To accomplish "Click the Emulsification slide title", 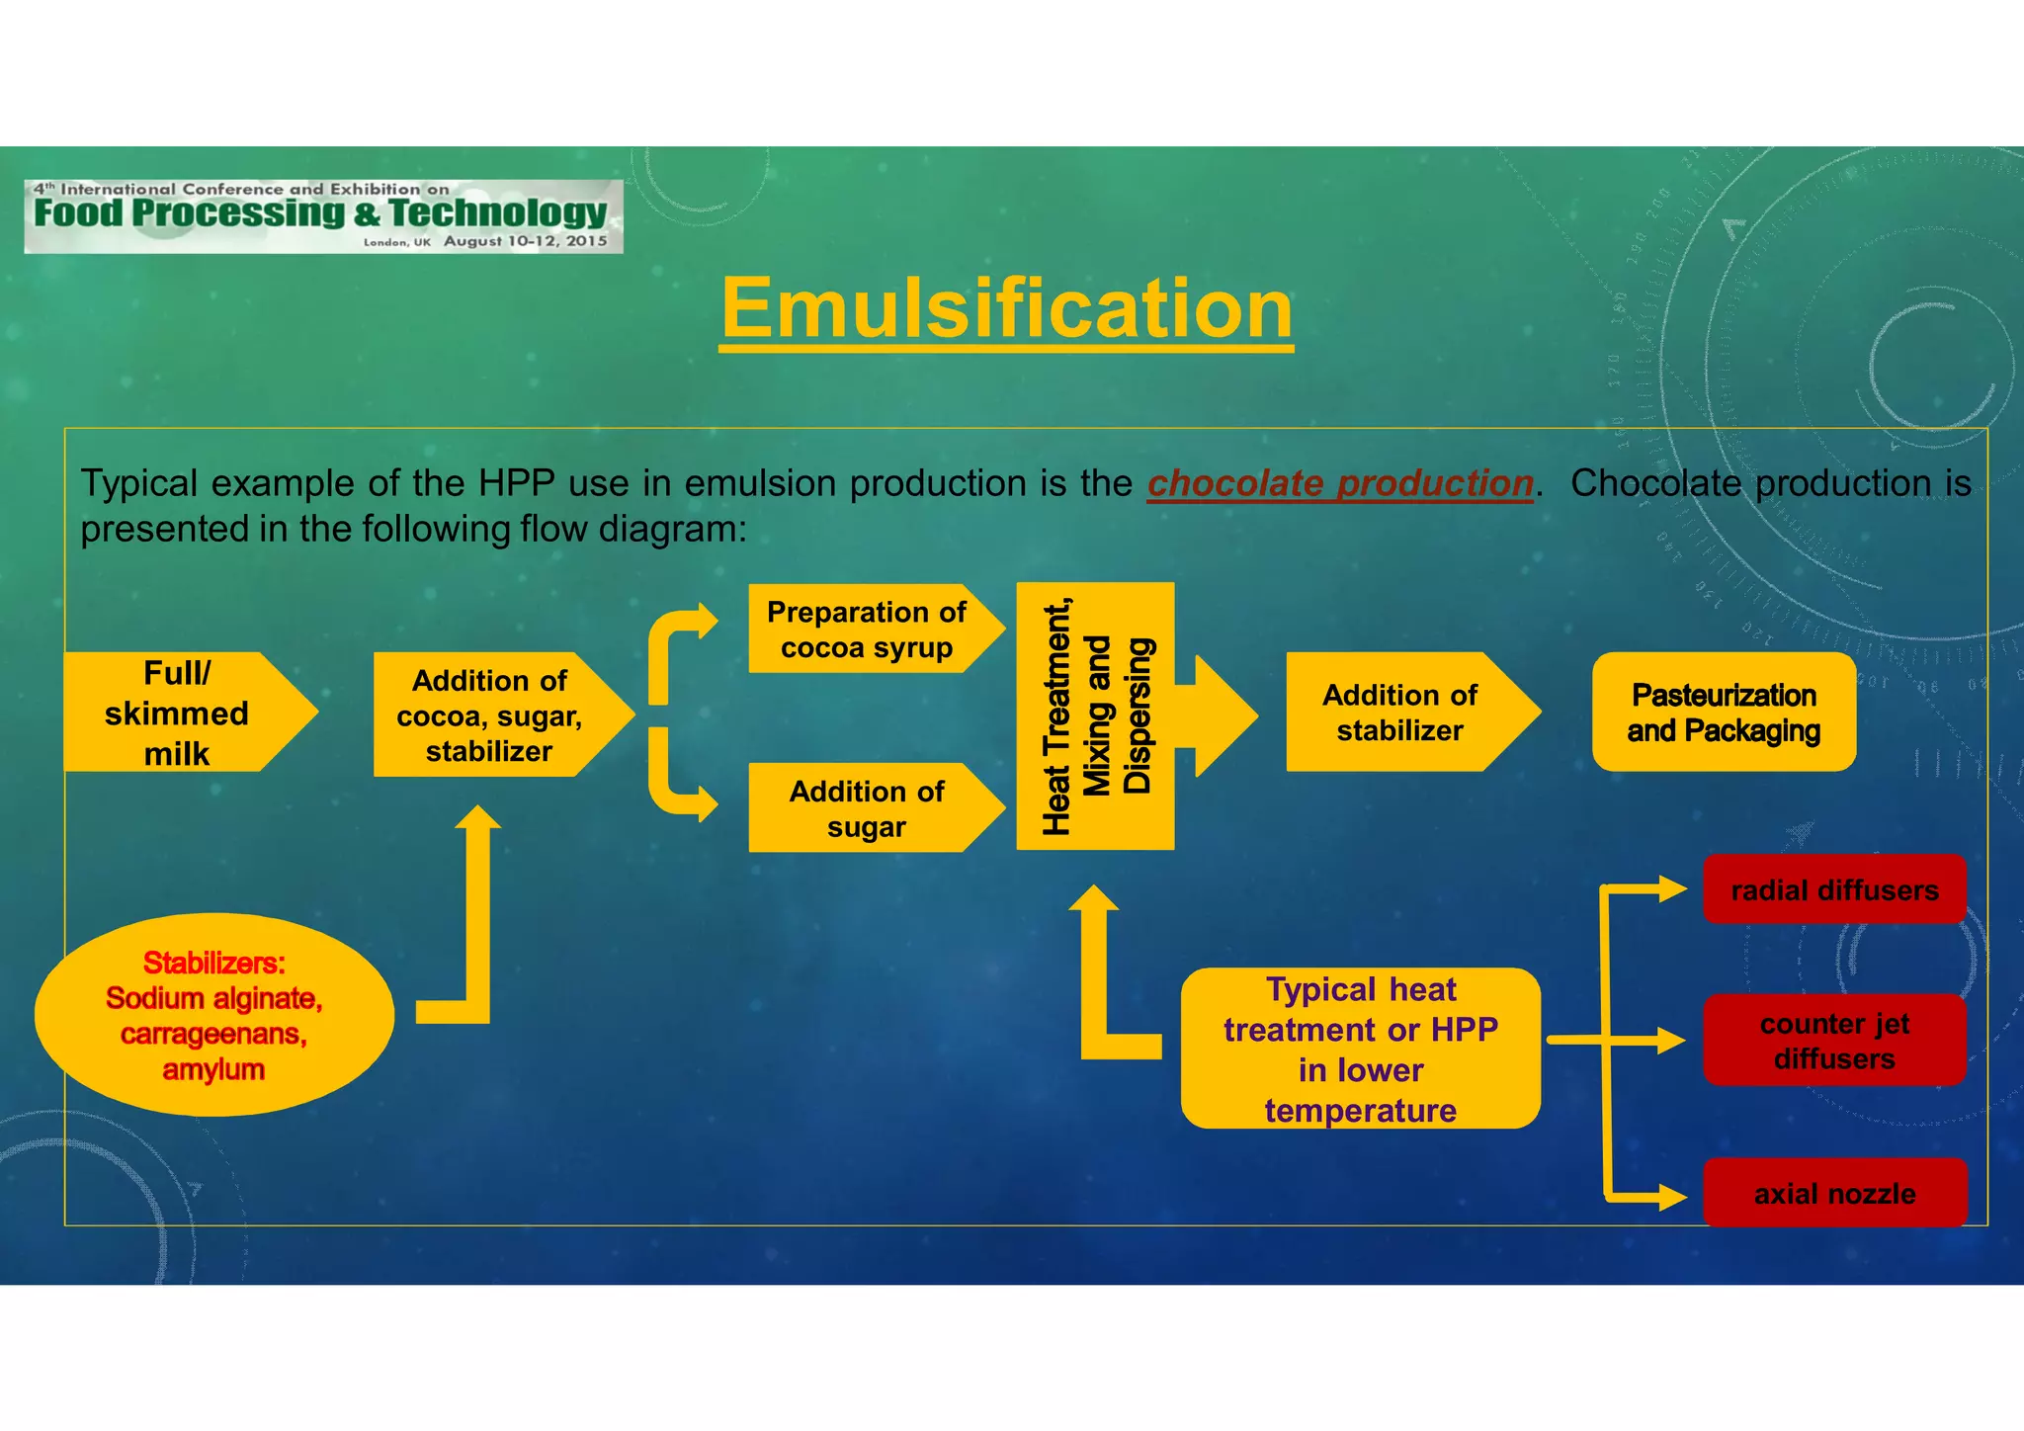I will point(1006,309).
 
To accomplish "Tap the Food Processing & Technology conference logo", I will point(323,215).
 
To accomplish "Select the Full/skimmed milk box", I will point(178,713).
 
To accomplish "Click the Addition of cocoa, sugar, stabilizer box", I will point(489,715).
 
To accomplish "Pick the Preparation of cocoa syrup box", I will point(866,630).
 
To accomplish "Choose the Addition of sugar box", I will point(866,808).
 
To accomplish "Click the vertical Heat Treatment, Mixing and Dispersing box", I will point(1095,716).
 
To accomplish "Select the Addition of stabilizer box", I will point(1399,713).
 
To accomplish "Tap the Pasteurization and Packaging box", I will point(1724,713).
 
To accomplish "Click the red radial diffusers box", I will point(1834,890).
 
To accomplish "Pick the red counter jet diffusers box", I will point(1834,1041).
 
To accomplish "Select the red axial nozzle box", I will point(1834,1194).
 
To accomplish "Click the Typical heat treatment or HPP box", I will point(1360,1050).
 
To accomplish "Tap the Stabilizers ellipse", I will point(214,1016).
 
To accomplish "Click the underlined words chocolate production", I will point(1340,483).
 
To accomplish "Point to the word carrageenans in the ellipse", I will point(213,1034).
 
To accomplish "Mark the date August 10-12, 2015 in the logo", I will point(525,241).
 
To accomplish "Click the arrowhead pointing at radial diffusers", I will point(1673,889).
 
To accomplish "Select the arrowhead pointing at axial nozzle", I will point(1673,1198).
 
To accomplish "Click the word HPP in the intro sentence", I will point(518,483).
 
